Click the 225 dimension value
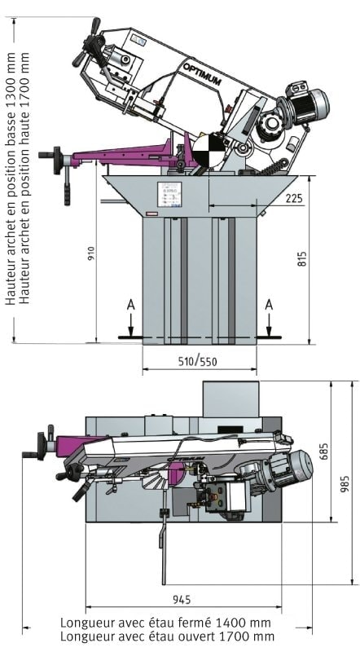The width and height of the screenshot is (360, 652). click(294, 198)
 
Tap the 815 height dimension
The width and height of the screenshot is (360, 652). click(302, 258)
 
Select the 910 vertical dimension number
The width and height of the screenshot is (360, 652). click(92, 254)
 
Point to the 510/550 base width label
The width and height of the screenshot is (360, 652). click(197, 361)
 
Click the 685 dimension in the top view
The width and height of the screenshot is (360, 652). click(324, 452)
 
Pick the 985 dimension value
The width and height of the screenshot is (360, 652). click(345, 484)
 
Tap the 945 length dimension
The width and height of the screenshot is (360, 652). click(182, 600)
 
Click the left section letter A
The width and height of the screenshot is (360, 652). click(130, 306)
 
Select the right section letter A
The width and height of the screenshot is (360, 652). click(269, 306)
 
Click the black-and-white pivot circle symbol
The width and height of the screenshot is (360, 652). click(209, 150)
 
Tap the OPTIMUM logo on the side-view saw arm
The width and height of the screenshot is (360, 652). click(202, 74)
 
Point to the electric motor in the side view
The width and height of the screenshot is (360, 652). click(305, 104)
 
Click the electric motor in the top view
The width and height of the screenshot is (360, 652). click(286, 469)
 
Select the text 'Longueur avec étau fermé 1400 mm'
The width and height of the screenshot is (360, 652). click(165, 623)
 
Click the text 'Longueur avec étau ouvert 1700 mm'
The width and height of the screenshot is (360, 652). click(167, 637)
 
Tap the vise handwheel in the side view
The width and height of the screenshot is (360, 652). click(57, 160)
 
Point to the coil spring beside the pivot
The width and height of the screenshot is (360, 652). click(272, 167)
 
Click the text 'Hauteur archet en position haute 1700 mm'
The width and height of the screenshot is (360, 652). click(25, 178)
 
